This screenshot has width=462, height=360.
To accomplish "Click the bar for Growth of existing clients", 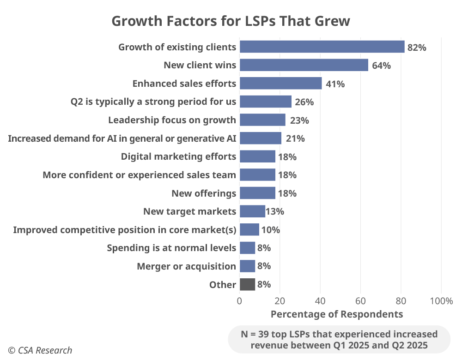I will pyautogui.click(x=322, y=47).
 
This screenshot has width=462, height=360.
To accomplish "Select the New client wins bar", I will pyautogui.click(x=304, y=65).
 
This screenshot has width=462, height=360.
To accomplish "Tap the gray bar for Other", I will pyautogui.click(x=247, y=284).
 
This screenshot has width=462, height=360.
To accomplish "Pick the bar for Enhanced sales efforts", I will pyautogui.click(x=280, y=84).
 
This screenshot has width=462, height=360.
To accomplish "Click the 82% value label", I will pyautogui.click(x=416, y=47).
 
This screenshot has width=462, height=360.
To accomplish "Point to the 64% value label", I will pyautogui.click(x=381, y=66).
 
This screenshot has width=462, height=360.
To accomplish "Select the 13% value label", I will pyautogui.click(x=275, y=211).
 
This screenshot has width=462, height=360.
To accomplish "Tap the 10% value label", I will pyautogui.click(x=271, y=230).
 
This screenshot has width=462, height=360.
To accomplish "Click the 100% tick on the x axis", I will pyautogui.click(x=441, y=301).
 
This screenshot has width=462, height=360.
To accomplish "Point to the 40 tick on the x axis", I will pyautogui.click(x=320, y=301).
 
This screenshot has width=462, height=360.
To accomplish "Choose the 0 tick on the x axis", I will pyautogui.click(x=239, y=301).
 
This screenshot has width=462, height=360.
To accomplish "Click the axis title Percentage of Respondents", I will pyautogui.click(x=336, y=314).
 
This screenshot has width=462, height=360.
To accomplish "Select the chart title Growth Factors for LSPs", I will pyautogui.click(x=231, y=21).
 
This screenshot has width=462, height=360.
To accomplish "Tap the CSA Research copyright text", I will pyautogui.click(x=40, y=350).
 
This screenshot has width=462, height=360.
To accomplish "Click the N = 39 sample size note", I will pyautogui.click(x=339, y=339).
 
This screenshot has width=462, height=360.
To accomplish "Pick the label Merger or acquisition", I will pyautogui.click(x=186, y=266).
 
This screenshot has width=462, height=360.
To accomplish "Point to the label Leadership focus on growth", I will pyautogui.click(x=172, y=120).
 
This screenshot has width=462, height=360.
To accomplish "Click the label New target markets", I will pyautogui.click(x=189, y=211).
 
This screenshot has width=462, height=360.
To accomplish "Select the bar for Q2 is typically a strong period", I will pyautogui.click(x=265, y=102).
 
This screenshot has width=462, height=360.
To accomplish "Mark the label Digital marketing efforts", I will pyautogui.click(x=178, y=156).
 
